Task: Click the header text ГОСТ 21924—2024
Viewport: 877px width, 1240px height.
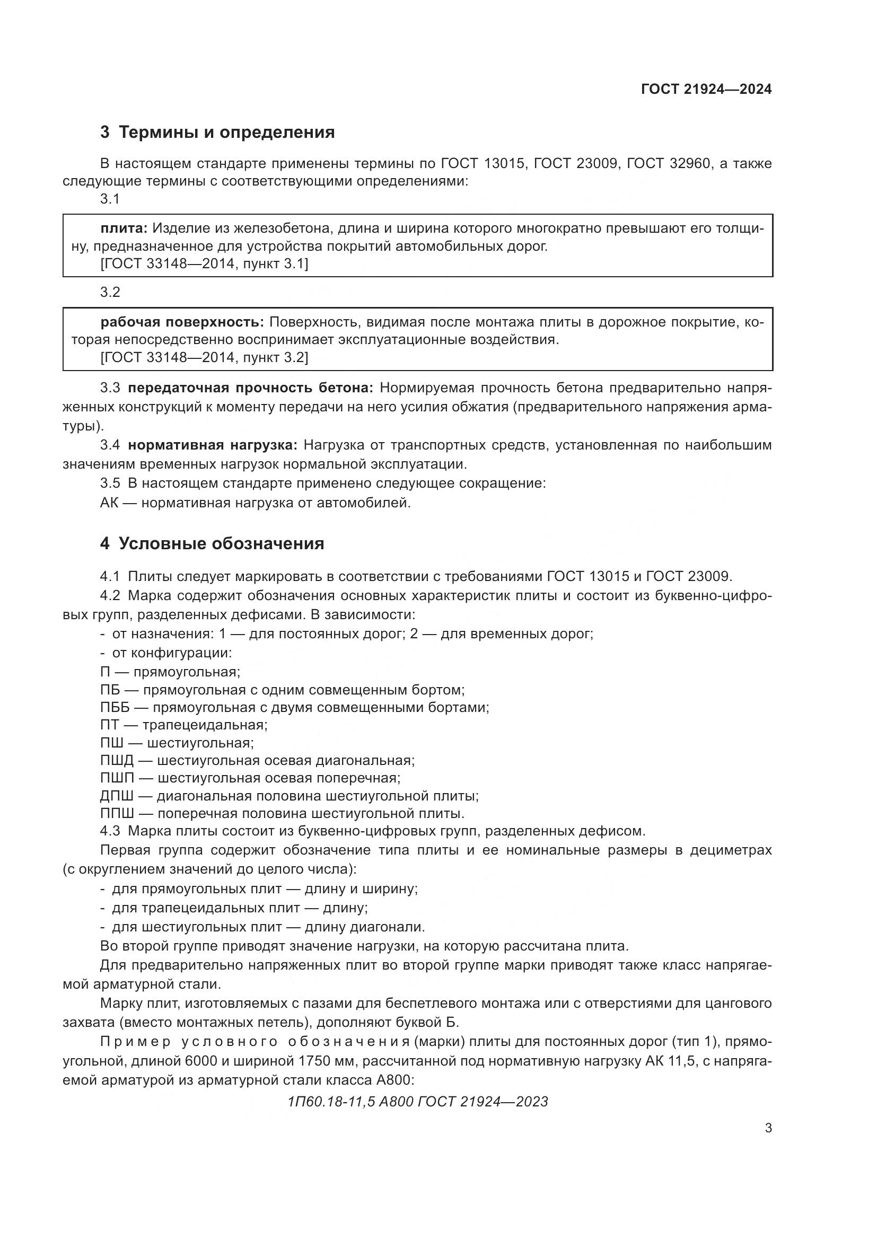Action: tap(706, 90)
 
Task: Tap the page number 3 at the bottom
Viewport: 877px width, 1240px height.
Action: tap(768, 1128)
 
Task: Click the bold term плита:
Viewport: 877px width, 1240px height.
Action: tap(124, 228)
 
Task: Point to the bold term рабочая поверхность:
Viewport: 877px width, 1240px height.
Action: tap(182, 322)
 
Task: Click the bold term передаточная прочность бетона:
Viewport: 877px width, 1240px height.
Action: tap(250, 388)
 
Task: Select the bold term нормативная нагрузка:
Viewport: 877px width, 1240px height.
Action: tap(212, 445)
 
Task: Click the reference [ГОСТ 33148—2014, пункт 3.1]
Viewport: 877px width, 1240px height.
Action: tap(204, 263)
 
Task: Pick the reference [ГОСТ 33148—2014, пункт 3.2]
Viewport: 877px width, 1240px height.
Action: tap(204, 357)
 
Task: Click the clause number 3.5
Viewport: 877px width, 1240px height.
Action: tap(110, 483)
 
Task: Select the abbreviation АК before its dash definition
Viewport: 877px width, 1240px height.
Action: tap(110, 503)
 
